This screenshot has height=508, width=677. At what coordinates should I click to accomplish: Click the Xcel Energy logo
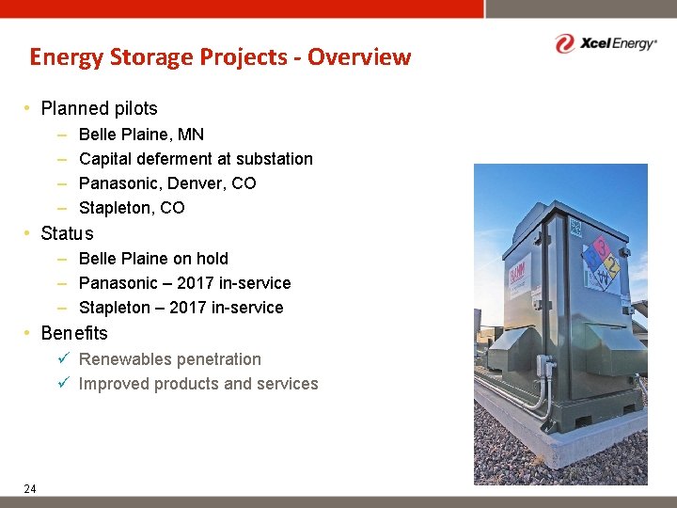tap(605, 43)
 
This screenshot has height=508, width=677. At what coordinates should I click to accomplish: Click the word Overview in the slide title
tap(359, 57)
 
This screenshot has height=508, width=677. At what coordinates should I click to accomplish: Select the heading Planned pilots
tap(99, 108)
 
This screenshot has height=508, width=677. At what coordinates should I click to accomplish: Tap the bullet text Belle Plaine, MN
tap(141, 135)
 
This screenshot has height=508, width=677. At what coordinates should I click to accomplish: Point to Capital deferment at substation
tap(196, 159)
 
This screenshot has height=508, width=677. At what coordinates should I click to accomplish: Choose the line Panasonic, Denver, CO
tap(167, 183)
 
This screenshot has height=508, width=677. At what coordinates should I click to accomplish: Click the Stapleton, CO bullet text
tap(132, 208)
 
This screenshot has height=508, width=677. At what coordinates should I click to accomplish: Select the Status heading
tap(67, 233)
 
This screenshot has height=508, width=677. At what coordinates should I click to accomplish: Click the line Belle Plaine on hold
tap(153, 259)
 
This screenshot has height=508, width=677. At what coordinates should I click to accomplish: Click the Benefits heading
tap(74, 333)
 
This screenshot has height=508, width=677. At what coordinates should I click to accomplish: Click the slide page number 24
tap(30, 487)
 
